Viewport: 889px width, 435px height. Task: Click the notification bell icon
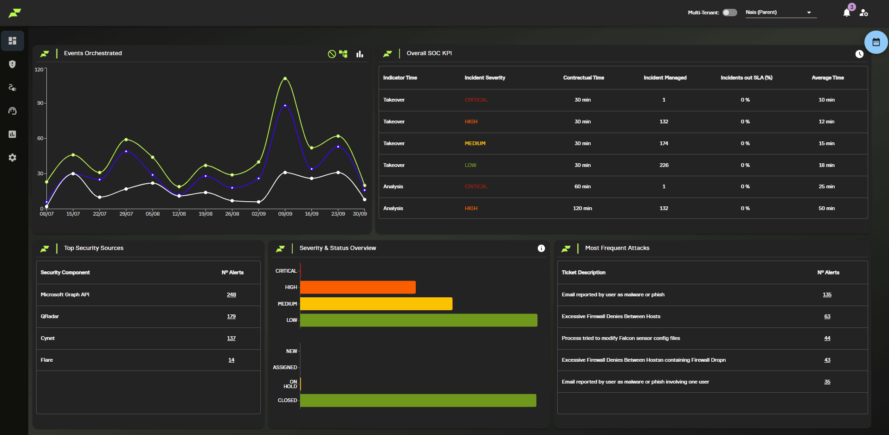point(846,13)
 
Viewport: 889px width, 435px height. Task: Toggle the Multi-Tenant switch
point(729,13)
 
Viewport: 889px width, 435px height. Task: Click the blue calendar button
point(876,42)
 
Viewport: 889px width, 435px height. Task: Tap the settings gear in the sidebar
point(13,158)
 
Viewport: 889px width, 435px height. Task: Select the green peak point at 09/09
point(285,78)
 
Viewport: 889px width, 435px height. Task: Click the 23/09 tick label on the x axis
point(338,214)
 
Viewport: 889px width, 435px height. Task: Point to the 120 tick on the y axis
point(39,70)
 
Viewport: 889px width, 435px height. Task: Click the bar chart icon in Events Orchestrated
point(360,54)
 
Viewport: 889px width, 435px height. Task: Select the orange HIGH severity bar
point(358,288)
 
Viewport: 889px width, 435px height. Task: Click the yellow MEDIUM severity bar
point(376,304)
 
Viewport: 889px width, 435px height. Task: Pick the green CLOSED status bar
point(418,400)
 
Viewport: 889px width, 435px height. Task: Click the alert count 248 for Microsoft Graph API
point(231,295)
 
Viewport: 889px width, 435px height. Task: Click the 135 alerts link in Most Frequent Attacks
point(827,295)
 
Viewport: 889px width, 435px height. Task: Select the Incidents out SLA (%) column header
point(746,78)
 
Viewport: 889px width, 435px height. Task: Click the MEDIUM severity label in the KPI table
point(475,143)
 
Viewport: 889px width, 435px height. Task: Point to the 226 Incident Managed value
point(664,165)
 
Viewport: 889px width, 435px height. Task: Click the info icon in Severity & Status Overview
point(541,249)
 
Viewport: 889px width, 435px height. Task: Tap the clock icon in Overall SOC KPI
point(859,54)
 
